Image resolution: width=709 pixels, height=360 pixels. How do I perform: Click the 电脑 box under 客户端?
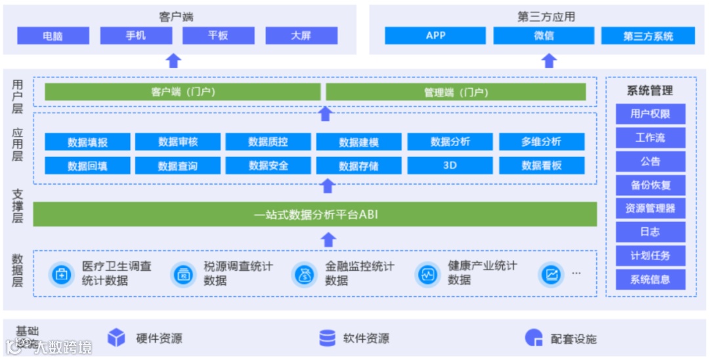tap(53, 35)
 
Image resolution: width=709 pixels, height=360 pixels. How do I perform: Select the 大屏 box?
tap(301, 35)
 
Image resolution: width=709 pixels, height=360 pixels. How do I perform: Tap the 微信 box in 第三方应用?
tap(544, 35)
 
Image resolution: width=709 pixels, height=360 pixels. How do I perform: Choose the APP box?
tap(436, 35)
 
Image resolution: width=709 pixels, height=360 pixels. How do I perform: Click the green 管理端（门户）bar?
tap(456, 93)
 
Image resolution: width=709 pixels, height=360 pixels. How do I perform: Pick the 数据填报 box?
tap(87, 141)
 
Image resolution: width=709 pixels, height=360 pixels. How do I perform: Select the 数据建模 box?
tap(358, 141)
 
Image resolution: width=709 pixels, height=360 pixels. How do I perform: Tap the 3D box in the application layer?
tap(450, 166)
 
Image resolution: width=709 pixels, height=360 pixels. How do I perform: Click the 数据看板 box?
tap(542, 166)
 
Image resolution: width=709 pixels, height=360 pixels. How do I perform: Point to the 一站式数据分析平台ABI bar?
tap(315, 214)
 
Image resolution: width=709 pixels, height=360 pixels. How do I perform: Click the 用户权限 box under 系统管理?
tap(650, 114)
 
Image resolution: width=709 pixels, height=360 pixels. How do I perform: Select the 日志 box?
tap(650, 232)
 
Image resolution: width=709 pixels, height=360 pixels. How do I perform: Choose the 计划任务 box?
tap(650, 256)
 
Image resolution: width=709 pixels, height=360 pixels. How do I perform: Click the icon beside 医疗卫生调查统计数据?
tap(62, 275)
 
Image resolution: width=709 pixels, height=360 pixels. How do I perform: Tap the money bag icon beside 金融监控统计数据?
tap(304, 275)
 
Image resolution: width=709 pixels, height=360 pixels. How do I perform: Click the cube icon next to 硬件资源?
tap(116, 338)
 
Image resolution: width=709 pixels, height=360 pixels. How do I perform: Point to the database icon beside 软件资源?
tap(327, 338)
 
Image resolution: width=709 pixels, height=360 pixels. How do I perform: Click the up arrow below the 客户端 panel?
tap(173, 61)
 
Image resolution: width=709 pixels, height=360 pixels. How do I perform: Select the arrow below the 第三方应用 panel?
tap(549, 61)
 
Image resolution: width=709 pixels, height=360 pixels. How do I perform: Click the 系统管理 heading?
tap(650, 91)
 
